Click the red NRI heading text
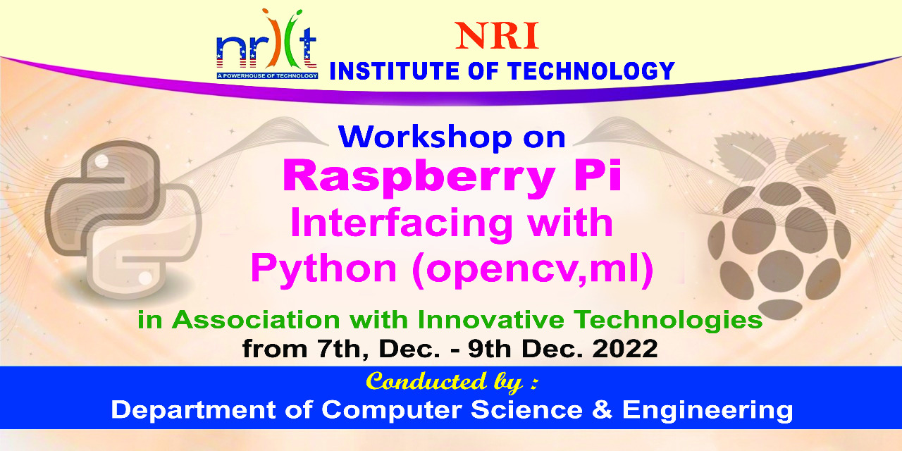(497, 36)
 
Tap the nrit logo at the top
(266, 44)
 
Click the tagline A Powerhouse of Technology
(267, 75)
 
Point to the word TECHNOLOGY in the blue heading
(591, 71)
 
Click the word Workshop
(425, 137)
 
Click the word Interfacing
(402, 225)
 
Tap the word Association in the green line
(257, 320)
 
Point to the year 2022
(624, 349)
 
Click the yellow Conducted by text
(452, 382)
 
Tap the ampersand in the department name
(602, 410)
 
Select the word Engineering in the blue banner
(708, 411)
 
